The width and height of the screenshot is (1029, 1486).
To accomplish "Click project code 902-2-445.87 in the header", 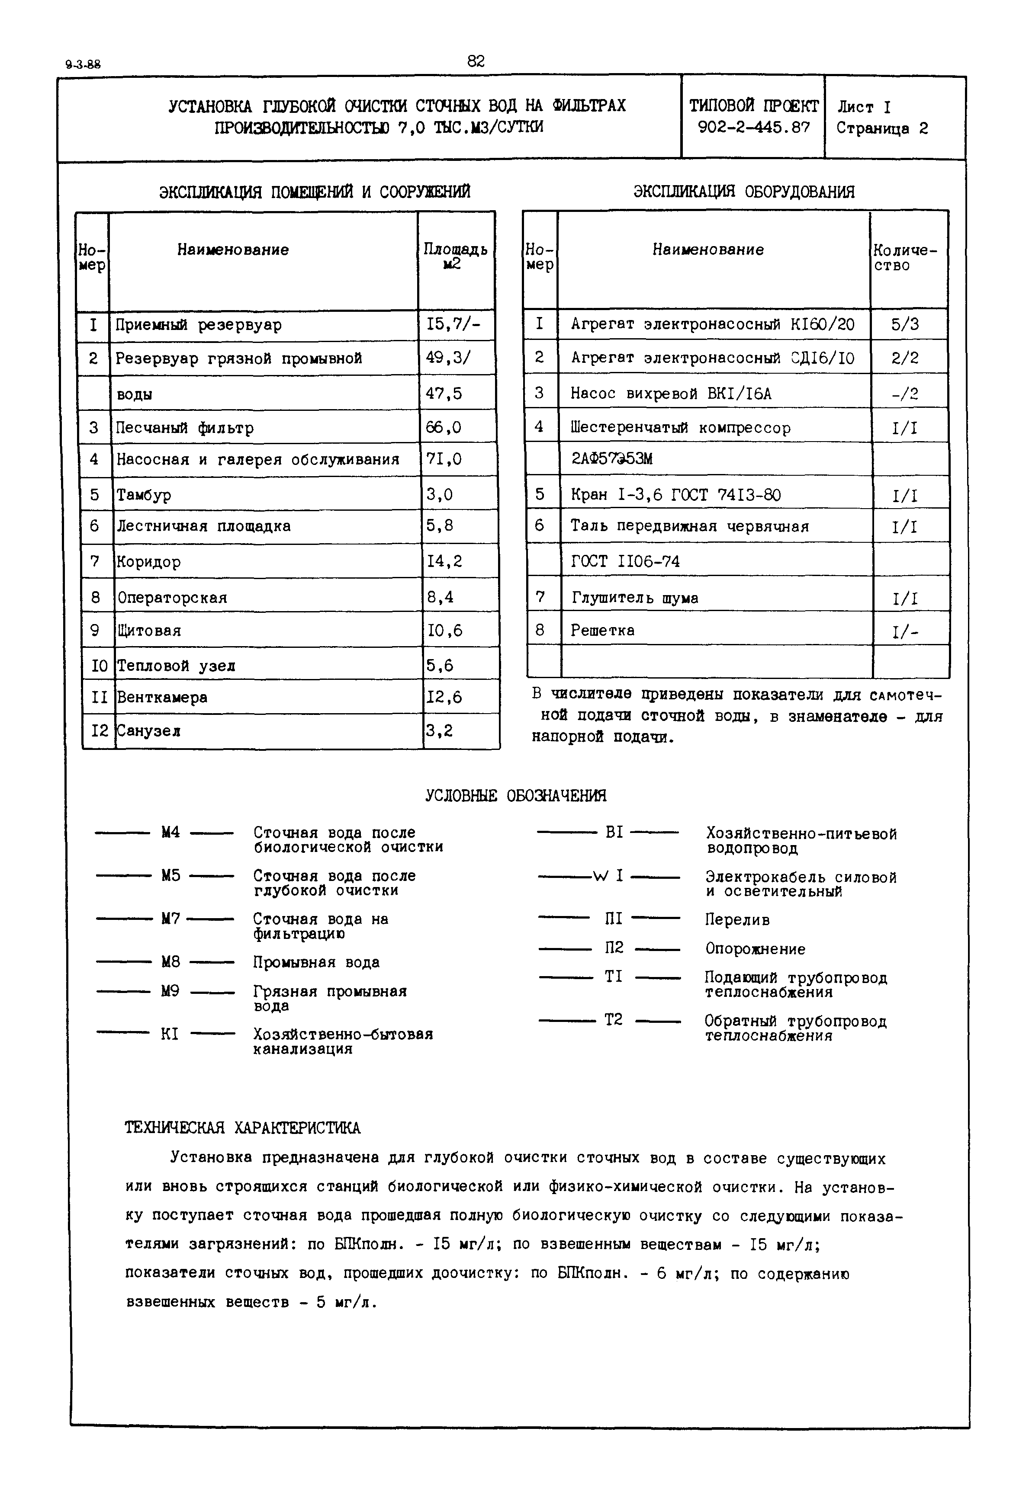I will tap(753, 128).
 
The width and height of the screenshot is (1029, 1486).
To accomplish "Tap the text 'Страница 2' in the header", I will tap(882, 128).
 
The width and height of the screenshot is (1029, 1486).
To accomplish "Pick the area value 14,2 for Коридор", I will tap(444, 561).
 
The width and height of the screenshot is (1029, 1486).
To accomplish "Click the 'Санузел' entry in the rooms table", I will tap(148, 731).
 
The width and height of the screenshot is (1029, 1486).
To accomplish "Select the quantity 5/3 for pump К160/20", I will tap(905, 324).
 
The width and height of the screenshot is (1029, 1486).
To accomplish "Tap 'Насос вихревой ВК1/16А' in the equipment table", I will tap(671, 393).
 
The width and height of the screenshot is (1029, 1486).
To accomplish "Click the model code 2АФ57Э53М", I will tap(612, 459).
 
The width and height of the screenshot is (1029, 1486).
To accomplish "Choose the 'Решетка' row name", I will tap(602, 630).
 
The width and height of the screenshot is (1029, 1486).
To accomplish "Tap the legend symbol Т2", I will tap(613, 1019).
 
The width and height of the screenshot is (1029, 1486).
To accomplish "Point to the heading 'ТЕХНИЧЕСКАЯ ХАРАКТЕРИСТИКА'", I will tap(242, 1127).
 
